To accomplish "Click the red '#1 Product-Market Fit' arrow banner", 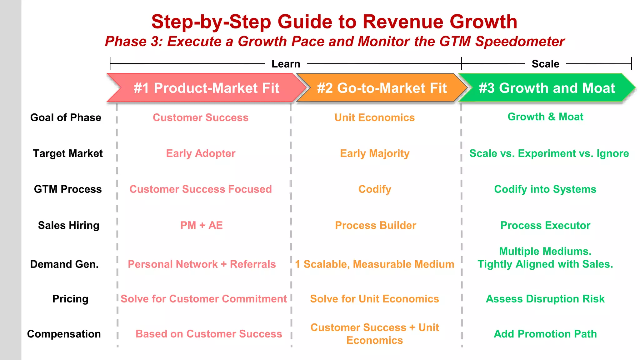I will pos(206,88).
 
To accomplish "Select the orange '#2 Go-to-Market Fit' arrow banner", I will pos(382,88).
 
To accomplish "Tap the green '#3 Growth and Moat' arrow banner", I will pos(547,88).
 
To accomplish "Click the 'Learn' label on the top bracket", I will pos(286,64).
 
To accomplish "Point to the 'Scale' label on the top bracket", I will pos(545,64).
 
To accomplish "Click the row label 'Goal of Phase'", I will pos(66,117).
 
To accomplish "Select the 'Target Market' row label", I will pos(68,153).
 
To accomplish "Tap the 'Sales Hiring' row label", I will pos(68,225).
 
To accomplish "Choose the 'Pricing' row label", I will pos(70,299).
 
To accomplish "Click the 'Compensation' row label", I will pos(64,334).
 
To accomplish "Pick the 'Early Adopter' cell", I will pos(201,153).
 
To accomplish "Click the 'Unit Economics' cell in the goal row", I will pos(374,117).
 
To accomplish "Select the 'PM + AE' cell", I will pos(202,225).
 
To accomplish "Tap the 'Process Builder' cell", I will pos(375,225).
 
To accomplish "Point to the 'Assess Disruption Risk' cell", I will pos(545,299).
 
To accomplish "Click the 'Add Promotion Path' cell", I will pos(545,334).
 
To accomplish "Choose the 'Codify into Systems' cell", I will pos(545,189).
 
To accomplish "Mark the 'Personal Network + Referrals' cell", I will pos(202,264).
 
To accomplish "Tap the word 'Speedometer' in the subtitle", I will pos(520,42).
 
